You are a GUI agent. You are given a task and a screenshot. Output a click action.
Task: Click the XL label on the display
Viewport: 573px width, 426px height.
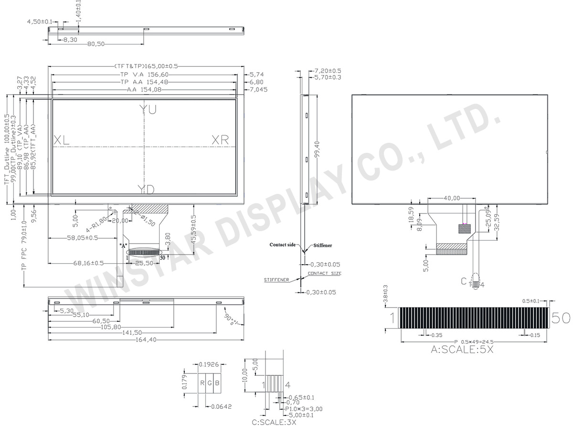[x=62, y=140]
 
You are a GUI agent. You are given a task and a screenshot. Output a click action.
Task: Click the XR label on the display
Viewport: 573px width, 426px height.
[x=220, y=139]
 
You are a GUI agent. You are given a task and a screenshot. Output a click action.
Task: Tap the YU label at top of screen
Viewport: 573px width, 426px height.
[x=148, y=109]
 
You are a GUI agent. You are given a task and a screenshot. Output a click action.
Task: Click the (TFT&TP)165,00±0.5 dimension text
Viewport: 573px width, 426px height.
[x=145, y=66]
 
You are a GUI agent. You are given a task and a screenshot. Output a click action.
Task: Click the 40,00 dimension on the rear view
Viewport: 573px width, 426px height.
[x=452, y=198]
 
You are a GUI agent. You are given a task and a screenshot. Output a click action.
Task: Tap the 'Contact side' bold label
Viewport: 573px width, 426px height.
[x=282, y=245]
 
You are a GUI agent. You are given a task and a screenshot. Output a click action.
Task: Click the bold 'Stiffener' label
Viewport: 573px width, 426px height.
[x=322, y=245]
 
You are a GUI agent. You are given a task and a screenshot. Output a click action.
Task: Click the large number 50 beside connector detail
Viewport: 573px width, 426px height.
[x=561, y=318]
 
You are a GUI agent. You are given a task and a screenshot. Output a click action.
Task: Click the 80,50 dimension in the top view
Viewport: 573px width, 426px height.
[x=95, y=44]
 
